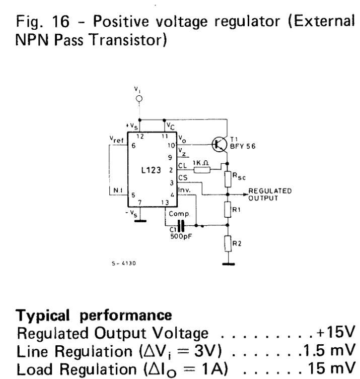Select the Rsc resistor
click(228, 177)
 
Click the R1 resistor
click(228, 208)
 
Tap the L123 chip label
click(151, 170)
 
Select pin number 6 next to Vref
click(133, 146)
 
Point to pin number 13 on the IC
click(165, 203)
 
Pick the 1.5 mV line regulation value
click(335, 349)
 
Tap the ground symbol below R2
click(228, 262)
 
